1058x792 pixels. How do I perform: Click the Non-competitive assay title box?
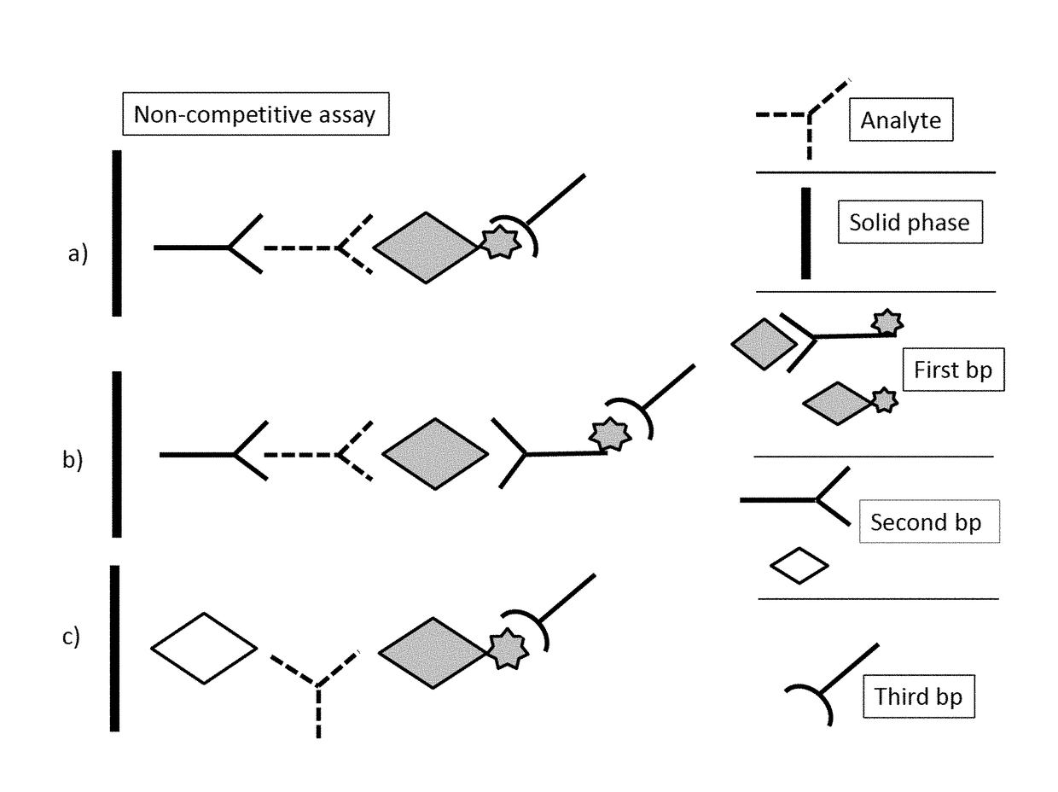click(255, 114)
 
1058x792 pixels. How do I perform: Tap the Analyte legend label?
click(901, 119)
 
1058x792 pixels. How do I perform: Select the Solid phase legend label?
click(910, 222)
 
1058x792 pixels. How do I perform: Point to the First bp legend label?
click(953, 370)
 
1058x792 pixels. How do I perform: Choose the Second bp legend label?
click(929, 521)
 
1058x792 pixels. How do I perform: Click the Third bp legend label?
click(919, 696)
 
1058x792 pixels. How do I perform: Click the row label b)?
click(73, 459)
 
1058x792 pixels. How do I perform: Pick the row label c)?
click(71, 637)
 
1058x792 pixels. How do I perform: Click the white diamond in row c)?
click(204, 649)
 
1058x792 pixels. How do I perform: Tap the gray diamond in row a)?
click(426, 247)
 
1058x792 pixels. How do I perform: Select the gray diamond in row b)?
click(435, 453)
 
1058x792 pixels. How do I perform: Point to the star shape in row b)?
click(610, 434)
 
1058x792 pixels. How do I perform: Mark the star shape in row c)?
click(509, 649)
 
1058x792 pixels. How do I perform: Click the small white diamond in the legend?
click(799, 566)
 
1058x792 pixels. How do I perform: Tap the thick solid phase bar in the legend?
click(805, 233)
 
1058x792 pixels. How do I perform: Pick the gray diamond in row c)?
click(433, 653)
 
